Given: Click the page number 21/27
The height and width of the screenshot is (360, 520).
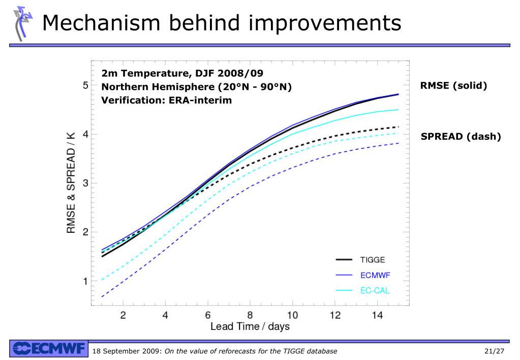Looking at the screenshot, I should pos(494,351).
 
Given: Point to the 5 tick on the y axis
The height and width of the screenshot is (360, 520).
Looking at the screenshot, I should pos(85,85).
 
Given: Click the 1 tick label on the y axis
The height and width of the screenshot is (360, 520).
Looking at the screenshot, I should pos(85,281).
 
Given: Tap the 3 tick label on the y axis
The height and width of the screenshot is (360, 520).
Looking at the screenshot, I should pos(85,183).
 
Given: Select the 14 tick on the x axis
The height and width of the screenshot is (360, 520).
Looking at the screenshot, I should pos(377,315).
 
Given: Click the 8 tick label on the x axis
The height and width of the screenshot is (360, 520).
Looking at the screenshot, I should pos(250,315).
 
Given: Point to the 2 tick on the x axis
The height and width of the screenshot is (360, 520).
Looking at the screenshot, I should pos(123,315).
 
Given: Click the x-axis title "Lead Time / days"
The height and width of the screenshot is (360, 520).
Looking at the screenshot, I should pos(250,327).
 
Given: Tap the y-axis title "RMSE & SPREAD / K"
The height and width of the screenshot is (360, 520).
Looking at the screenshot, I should pos(71,183).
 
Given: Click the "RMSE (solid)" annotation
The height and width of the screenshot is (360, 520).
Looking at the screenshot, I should pos(453,86).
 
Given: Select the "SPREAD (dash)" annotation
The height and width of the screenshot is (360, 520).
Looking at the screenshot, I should pos(461,136).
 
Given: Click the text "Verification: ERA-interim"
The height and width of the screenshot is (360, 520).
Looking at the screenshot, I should pos(166,100).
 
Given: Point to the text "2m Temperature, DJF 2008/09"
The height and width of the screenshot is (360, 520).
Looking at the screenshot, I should pos(182,73).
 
